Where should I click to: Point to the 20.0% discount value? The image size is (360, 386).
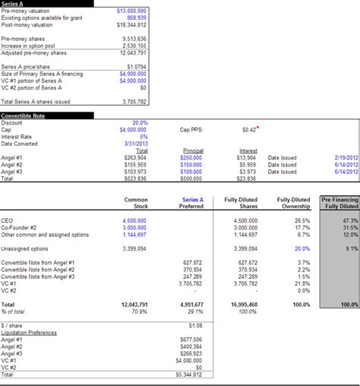point(140,122)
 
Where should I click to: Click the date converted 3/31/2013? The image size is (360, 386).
point(134,144)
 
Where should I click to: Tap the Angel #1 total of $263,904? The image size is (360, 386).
point(135,158)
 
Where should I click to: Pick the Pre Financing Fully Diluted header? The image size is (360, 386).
point(339,202)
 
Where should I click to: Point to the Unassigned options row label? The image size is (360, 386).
point(26,248)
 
